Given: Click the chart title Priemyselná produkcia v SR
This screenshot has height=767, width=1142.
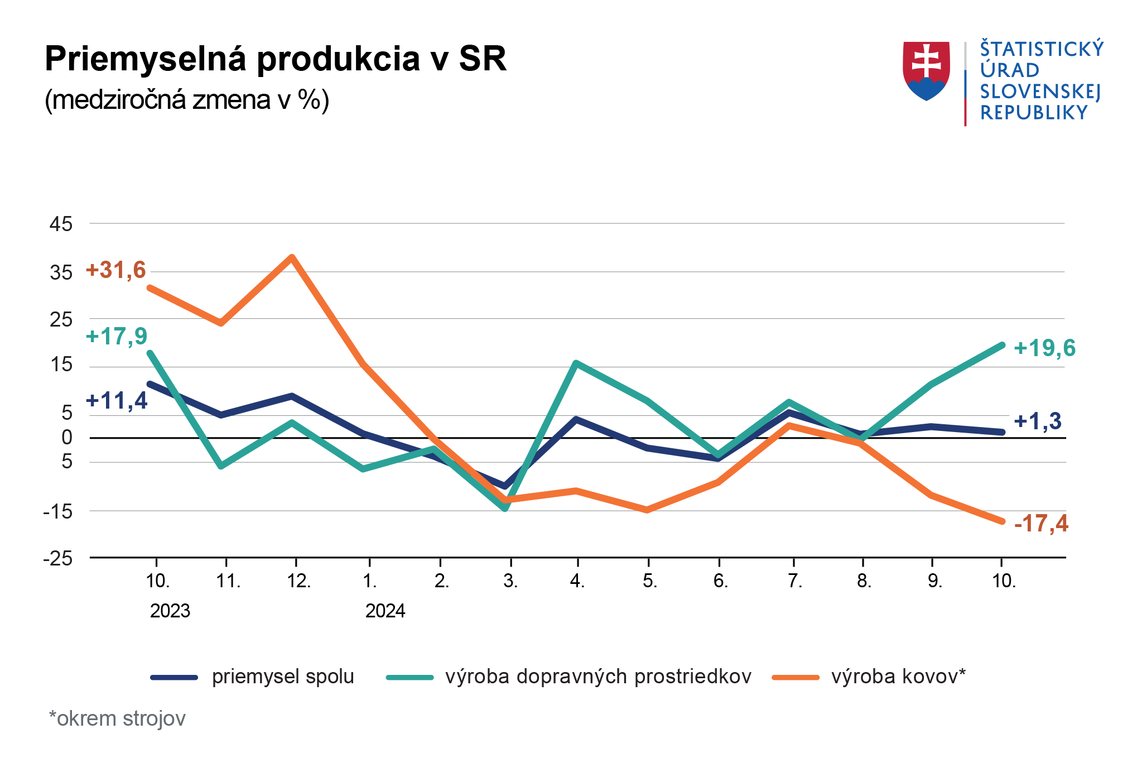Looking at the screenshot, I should point(276,59).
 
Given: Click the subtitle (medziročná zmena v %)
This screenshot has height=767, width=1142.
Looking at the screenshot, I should point(187,100).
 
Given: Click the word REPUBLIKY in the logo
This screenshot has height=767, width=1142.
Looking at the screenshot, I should point(1034,113).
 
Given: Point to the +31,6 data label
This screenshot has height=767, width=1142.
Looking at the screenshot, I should point(115,270).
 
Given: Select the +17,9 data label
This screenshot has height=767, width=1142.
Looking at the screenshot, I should point(117,337).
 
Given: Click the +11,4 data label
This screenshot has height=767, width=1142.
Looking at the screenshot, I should point(117,401).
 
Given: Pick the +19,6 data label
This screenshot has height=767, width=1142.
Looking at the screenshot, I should point(1044,348).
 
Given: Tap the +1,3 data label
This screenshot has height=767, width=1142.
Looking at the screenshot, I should point(1037,421).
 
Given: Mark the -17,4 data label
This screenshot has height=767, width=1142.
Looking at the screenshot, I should point(1040,524).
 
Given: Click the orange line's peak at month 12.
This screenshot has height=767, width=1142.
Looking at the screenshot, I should point(292,257).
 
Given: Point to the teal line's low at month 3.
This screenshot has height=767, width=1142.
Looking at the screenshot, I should point(505,508).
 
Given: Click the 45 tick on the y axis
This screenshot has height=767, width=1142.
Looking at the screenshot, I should point(61,224).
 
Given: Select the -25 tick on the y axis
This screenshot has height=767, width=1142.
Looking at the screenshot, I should point(58,558).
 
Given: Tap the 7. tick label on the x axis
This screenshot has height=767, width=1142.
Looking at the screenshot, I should point(794,581).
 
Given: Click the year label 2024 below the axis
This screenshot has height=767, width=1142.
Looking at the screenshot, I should point(385,611).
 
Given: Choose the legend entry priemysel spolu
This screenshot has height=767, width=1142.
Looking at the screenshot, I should point(283,677).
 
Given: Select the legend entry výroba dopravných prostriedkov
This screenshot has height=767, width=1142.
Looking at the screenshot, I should point(598,677).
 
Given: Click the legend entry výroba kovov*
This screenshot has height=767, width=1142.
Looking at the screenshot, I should point(898,677).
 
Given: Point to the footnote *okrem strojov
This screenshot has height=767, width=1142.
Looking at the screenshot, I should point(117,718).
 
